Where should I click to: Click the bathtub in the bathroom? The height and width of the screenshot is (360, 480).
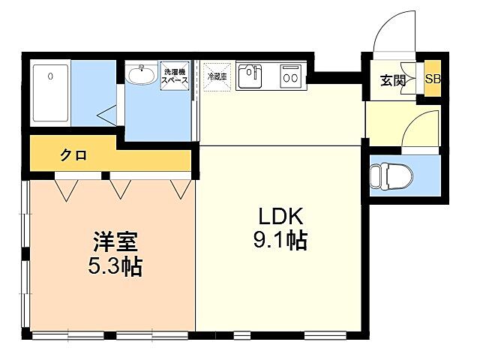[51, 94]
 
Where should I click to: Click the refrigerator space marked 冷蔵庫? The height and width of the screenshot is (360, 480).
[217, 76]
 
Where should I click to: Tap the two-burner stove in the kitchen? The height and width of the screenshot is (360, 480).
[290, 76]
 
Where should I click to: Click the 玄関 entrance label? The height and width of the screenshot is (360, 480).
[391, 79]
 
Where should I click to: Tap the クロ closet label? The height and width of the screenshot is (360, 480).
[73, 156]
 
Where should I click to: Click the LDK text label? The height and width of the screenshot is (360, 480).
[280, 217]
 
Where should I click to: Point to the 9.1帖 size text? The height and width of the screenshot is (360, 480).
[280, 241]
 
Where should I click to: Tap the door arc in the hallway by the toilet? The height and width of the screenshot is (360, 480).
[420, 127]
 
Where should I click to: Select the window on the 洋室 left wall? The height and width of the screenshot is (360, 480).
[27, 255]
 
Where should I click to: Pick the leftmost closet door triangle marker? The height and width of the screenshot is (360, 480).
[66, 189]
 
